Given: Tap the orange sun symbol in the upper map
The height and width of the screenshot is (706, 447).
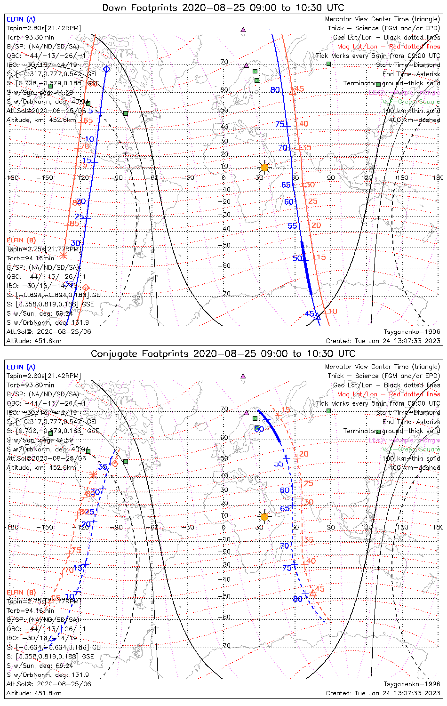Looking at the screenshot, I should tap(264, 168).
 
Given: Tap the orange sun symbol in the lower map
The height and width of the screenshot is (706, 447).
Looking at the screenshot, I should tap(264, 517).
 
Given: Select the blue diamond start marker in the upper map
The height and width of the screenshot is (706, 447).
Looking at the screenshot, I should tap(106, 70).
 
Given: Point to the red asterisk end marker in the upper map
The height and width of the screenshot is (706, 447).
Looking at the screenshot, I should tap(64, 256).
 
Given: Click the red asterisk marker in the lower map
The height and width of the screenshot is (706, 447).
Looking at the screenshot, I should tap(93, 474).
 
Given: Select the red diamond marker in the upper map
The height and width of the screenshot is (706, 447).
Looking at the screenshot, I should tap(86, 287).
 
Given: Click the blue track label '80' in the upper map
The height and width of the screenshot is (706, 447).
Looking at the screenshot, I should tap(275, 90).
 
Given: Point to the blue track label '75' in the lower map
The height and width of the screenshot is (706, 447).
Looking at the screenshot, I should tap(287, 568).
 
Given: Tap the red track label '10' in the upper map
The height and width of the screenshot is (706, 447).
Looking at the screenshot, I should tap(332, 311).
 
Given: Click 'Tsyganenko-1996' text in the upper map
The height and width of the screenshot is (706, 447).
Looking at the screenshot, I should tap(412, 332).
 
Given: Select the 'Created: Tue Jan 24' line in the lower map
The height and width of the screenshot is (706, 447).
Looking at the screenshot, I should tap(383, 693).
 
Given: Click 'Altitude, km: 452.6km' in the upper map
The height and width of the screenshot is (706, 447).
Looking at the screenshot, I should tap(41, 120).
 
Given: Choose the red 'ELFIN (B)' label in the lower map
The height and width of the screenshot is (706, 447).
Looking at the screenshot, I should tap(21, 592).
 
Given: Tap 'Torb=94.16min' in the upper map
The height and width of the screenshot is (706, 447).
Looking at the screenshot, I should tap(31, 258).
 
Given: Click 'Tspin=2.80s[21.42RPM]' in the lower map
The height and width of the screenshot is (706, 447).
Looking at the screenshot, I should tap(44, 376).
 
